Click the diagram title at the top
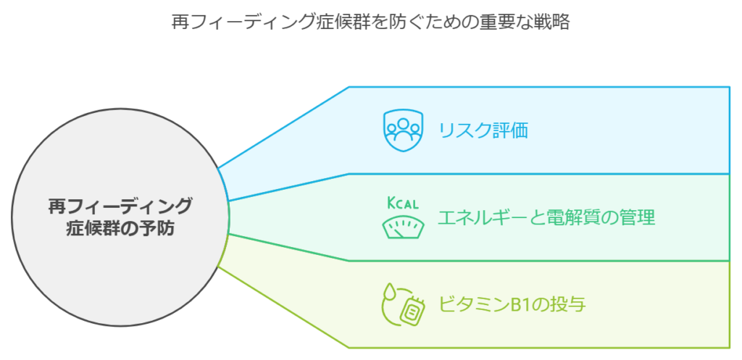click(x=370, y=22)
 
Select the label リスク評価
click(x=483, y=130)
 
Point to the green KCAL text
click(x=403, y=204)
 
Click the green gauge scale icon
click(x=403, y=227)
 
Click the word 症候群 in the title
click(x=342, y=22)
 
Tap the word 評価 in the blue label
click(x=510, y=130)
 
